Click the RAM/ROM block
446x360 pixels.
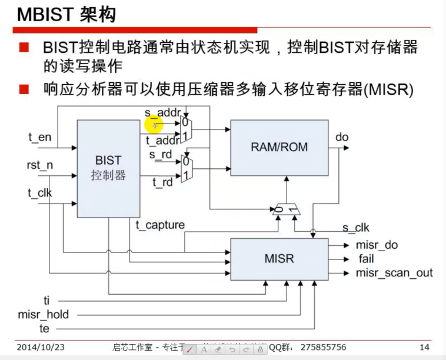point(279,147)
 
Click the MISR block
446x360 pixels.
point(279,259)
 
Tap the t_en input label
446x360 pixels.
point(40,138)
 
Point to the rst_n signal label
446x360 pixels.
point(40,165)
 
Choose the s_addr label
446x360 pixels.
point(162,112)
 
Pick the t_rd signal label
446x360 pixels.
point(163,182)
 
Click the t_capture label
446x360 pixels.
point(160,225)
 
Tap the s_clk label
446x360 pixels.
point(355,228)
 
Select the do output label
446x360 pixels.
point(342,137)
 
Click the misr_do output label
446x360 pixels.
point(377,245)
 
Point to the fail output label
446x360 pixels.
point(366,258)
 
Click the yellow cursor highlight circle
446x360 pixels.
point(154,124)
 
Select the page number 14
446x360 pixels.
point(424,347)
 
